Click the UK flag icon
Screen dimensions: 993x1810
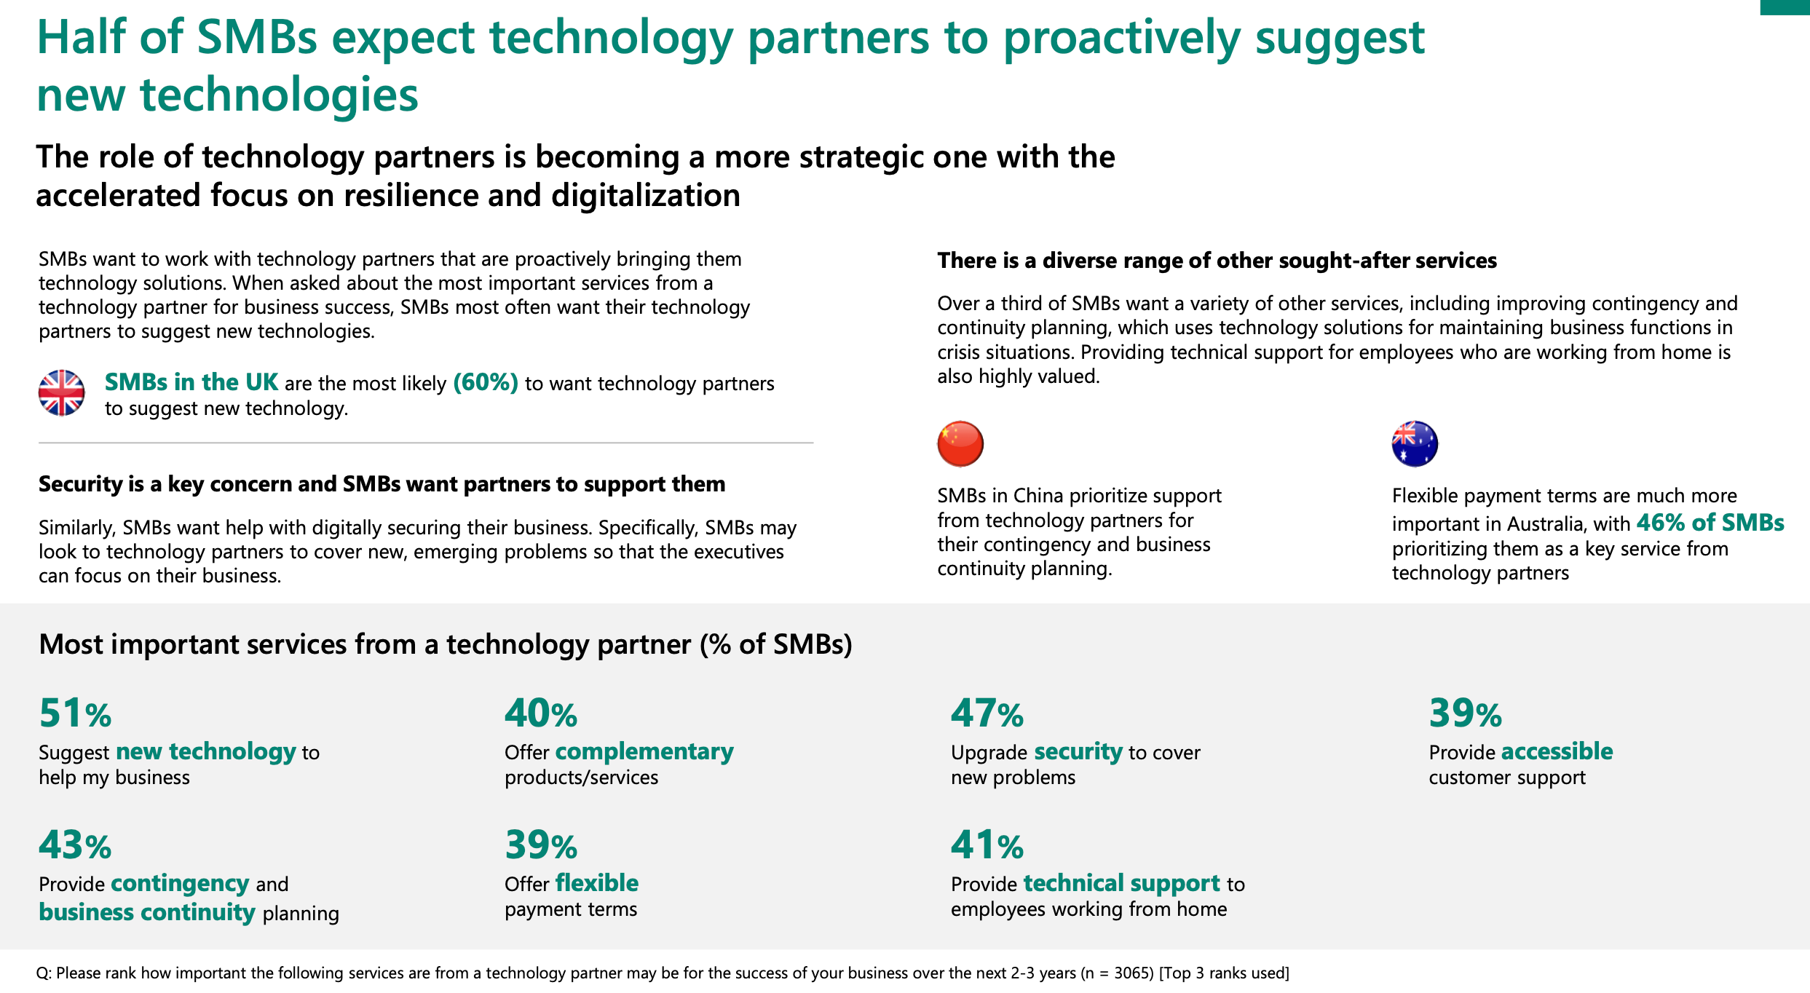[x=62, y=393]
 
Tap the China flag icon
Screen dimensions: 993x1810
[x=960, y=443]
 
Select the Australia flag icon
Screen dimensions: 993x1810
[x=1415, y=443]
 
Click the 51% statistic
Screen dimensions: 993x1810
[x=75, y=713]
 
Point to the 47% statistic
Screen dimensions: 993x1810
[x=987, y=713]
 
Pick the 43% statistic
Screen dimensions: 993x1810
[x=75, y=845]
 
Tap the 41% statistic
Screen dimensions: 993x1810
[x=987, y=845]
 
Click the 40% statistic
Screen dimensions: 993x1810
[x=540, y=713]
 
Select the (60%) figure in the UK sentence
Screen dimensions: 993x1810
[x=486, y=382]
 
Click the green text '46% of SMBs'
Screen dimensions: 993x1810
[x=1710, y=523]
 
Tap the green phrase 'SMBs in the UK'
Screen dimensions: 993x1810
[x=191, y=382]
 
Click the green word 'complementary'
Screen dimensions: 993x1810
[x=644, y=751]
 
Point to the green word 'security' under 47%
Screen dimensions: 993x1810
[x=1078, y=751]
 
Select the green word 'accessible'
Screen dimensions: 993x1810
[x=1557, y=751]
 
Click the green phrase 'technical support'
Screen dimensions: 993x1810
[x=1121, y=883]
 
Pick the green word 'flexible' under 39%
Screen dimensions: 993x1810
[x=596, y=883]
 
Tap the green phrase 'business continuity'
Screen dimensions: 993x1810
[x=147, y=912]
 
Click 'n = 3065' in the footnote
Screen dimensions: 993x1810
[x=1118, y=973]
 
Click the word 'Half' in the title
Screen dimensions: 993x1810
[x=81, y=38]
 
